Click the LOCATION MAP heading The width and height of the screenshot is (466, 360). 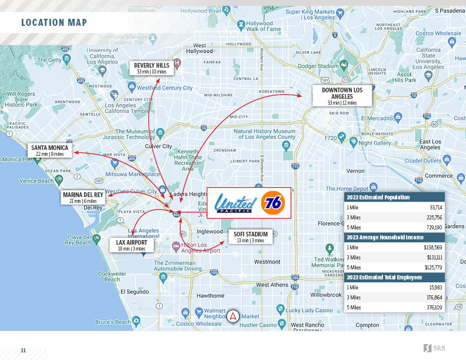click(x=54, y=23)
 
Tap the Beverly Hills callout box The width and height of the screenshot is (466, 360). click(x=151, y=68)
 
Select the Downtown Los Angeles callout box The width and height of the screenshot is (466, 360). click(x=342, y=95)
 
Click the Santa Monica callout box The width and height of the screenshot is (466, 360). click(x=50, y=151)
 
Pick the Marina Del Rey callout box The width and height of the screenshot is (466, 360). click(x=83, y=197)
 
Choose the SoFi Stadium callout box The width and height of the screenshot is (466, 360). click(x=251, y=237)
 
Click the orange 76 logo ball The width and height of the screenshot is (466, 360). click(x=272, y=203)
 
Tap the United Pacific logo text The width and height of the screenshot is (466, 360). click(x=235, y=204)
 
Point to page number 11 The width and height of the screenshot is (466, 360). click(x=24, y=350)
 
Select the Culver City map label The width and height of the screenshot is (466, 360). click(x=158, y=146)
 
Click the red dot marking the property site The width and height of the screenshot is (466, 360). click(x=179, y=212)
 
